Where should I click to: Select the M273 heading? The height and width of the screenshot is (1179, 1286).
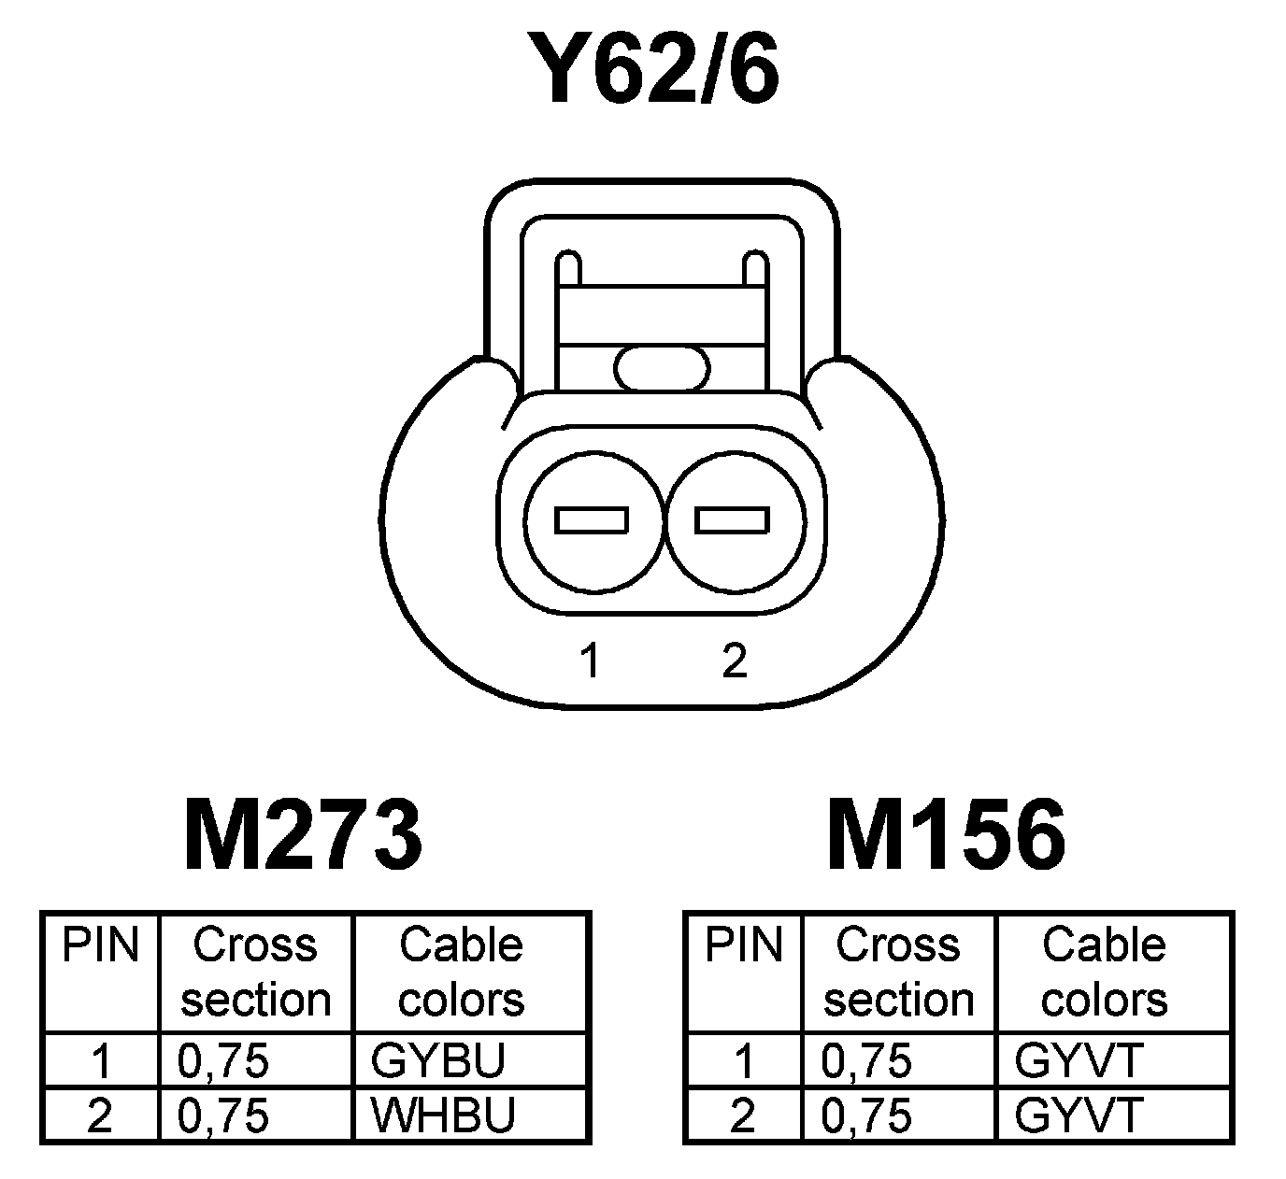[x=304, y=834]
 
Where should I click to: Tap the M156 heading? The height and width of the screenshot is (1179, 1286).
[x=946, y=834]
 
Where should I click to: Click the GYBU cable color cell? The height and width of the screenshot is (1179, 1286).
[x=438, y=1060]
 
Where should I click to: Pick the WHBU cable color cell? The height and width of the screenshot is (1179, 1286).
[x=443, y=1115]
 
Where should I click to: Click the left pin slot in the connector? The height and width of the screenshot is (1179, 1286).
[x=592, y=519]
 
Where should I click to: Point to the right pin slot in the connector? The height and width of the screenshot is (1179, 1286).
[x=733, y=519]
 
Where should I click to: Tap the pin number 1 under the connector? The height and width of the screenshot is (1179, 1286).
[x=590, y=661]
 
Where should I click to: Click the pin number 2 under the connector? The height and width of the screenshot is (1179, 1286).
[x=735, y=661]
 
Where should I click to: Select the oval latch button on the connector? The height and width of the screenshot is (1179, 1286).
[x=663, y=368]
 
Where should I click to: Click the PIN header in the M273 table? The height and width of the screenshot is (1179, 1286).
[x=100, y=945]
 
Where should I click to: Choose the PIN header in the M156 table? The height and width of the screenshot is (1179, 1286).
[x=743, y=945]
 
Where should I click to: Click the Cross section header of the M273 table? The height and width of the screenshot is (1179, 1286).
[x=255, y=973]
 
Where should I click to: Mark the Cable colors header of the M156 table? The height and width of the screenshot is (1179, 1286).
[x=1104, y=973]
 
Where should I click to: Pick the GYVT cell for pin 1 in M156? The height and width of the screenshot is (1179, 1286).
[x=1079, y=1060]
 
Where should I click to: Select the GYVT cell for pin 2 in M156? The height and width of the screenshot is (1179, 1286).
[x=1079, y=1115]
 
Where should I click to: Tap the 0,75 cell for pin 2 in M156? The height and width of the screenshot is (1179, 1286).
[x=866, y=1115]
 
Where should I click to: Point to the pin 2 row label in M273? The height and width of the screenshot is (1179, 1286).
[x=99, y=1115]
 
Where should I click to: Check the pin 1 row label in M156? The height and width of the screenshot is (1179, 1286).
[x=744, y=1060]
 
